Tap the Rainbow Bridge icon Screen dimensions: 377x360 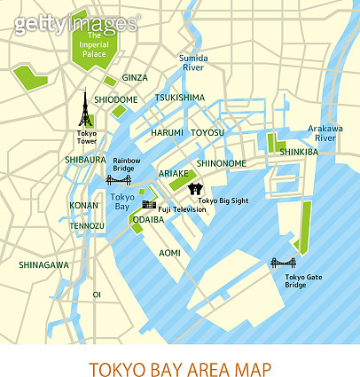(x=119, y=179)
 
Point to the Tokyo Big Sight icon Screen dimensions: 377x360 (x=197, y=189)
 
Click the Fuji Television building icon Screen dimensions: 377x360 (x=149, y=205)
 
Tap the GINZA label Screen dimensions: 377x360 (x=135, y=78)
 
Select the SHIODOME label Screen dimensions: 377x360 (x=115, y=100)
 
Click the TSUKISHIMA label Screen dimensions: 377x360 (x=180, y=98)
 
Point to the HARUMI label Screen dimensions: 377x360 (x=167, y=132)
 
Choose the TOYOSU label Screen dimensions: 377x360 (x=207, y=132)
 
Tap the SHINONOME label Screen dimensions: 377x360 (x=222, y=163)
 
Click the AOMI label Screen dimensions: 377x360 (x=169, y=253)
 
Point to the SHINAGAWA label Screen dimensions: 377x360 (x=43, y=264)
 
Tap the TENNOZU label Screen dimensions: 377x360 (x=87, y=225)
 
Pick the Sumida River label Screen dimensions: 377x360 (x=192, y=62)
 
